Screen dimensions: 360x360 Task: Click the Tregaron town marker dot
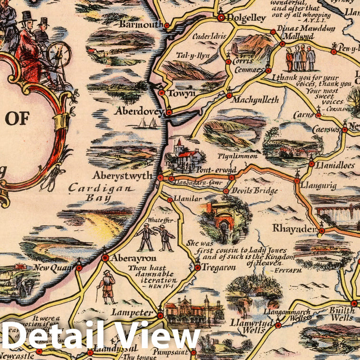coord(198,267)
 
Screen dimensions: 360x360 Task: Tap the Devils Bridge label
coord(254,191)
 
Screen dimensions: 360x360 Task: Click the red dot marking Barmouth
coord(167,25)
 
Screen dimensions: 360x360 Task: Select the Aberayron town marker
coord(105,258)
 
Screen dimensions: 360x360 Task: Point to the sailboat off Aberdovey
coord(147,123)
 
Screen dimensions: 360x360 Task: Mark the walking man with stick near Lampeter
coord(107,287)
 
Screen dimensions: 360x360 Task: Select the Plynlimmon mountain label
coord(237,156)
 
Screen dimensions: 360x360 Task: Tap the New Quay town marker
coord(79,268)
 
